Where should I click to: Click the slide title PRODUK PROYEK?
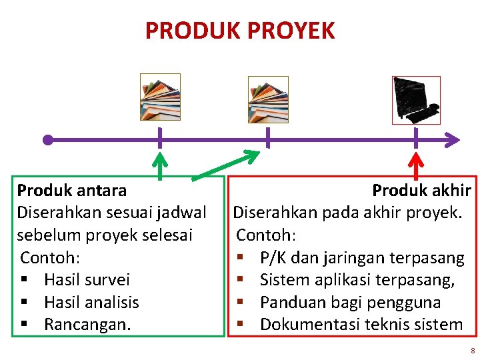[x=240, y=31]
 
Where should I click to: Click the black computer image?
[x=416, y=100]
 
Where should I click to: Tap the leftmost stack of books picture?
[x=160, y=97]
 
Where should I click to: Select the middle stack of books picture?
[x=268, y=99]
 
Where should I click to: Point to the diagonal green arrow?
[x=227, y=165]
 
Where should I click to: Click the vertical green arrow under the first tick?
[x=159, y=167]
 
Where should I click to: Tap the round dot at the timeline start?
[x=47, y=140]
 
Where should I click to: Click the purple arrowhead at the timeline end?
[x=453, y=140]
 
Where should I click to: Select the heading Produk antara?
[x=72, y=191]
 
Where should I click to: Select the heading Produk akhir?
[x=421, y=191]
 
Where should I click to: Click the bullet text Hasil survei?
[x=87, y=280]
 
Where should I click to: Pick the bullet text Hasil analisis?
[x=91, y=303]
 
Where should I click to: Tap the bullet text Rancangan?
[x=87, y=325]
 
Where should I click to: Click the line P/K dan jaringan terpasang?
[x=361, y=258]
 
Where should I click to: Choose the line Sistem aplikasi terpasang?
[x=357, y=280]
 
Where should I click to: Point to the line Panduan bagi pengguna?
[x=350, y=303]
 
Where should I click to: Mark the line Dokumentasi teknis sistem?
[x=361, y=325]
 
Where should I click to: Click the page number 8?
[x=472, y=351]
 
